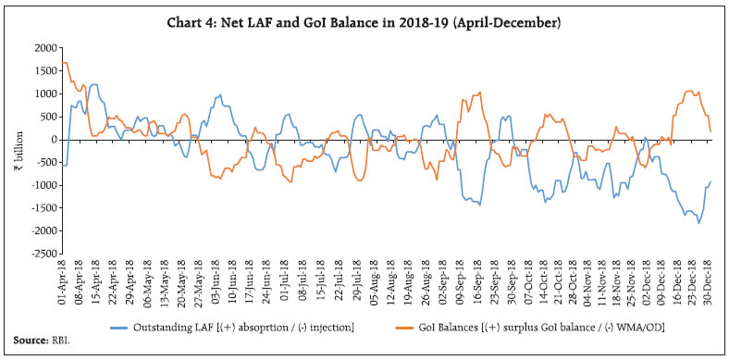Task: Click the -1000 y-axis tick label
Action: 43,185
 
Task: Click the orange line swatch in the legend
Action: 392,327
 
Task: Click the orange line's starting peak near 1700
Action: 64,62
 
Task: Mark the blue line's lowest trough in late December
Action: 698,223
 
